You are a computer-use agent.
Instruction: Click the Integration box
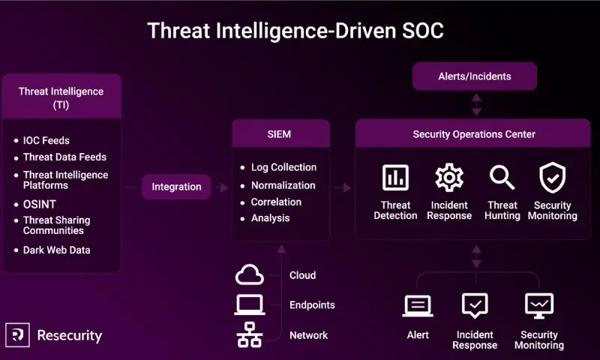click(176, 187)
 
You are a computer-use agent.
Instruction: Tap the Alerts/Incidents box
click(475, 76)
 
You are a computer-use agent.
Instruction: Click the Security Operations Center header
click(474, 134)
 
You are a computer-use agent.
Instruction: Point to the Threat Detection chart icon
click(395, 178)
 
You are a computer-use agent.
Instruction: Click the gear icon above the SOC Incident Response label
click(449, 178)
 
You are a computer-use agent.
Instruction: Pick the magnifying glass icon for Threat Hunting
click(502, 178)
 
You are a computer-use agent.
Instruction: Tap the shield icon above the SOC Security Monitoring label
click(553, 178)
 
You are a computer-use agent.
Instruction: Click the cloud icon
click(250, 275)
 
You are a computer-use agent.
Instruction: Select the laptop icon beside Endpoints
click(250, 305)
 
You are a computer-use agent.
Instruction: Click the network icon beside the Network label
click(250, 335)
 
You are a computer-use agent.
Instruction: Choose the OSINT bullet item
click(39, 204)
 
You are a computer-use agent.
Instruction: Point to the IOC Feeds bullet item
click(46, 140)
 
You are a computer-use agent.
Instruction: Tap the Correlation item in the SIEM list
click(276, 202)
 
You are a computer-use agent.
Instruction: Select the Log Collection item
click(283, 167)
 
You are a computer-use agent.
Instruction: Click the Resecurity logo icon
click(16, 335)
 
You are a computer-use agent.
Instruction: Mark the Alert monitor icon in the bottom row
click(418, 306)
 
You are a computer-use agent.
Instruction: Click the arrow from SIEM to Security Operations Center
click(342, 187)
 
